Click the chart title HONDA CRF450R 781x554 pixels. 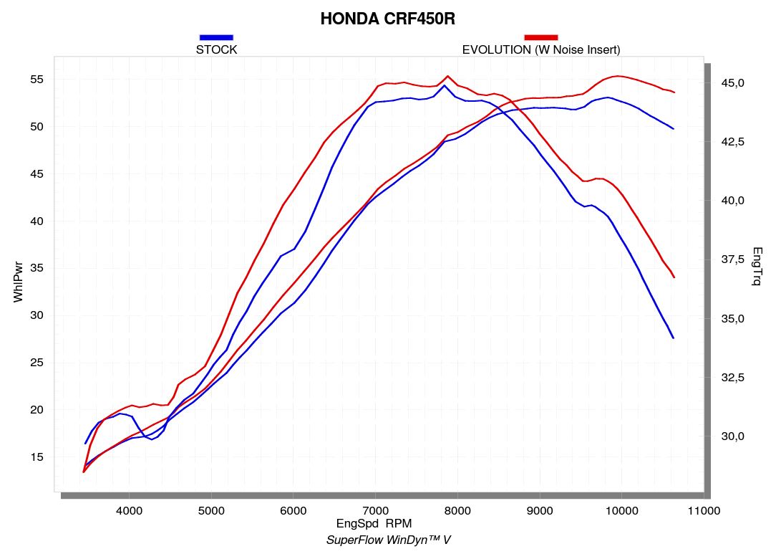point(387,19)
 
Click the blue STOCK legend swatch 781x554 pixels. point(216,37)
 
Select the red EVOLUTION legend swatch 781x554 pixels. point(540,37)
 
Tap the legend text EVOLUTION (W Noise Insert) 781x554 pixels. point(540,49)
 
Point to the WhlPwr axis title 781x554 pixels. point(19,284)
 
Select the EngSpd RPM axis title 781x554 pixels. point(374,524)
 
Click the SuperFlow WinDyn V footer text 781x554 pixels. point(388,540)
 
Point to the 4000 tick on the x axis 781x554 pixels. point(129,510)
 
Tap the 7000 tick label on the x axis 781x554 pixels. point(375,510)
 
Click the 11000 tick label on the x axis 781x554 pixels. point(703,510)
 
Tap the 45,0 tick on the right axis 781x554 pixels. point(732,83)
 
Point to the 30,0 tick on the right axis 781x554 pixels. point(732,436)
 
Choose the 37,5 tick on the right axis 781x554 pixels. point(732,259)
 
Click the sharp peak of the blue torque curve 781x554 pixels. point(445,85)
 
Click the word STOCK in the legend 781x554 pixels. point(216,49)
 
